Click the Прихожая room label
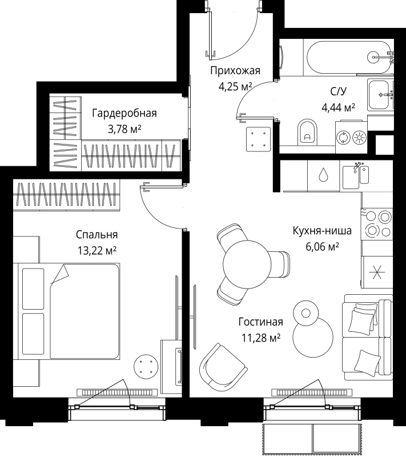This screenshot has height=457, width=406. coord(235,71)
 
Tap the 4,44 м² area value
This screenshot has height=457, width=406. coord(338,107)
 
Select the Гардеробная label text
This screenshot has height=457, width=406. coord(124,113)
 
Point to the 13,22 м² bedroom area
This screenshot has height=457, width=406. coord(97,250)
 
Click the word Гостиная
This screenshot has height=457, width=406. coord(260,322)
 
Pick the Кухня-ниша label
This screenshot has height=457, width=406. coord(322,231)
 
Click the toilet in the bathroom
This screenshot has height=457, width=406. coord(307,132)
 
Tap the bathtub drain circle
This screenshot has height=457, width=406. coord(373,56)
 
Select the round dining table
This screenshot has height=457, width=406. coord(247,264)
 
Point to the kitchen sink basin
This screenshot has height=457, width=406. coord(355,177)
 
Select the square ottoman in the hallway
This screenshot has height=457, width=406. coord(258,139)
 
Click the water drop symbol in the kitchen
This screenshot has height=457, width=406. coord(323,174)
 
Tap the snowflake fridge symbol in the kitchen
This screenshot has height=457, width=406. coord(377,272)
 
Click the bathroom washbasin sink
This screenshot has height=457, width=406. coord(380,94)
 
